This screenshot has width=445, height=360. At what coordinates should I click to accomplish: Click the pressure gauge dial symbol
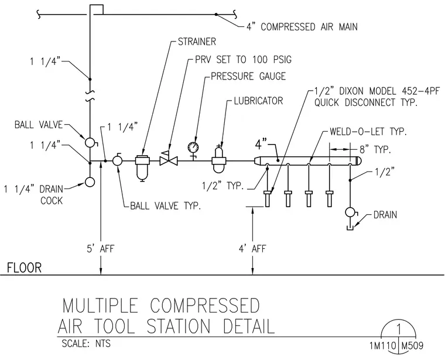coord(193,148)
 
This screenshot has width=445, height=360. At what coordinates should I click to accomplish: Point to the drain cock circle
coord(90,182)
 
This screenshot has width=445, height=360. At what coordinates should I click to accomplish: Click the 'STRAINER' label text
coord(197,42)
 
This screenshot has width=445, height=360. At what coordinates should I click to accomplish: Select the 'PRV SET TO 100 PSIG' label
coord(243,60)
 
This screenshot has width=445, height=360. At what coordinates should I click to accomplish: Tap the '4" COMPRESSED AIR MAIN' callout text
coord(302,27)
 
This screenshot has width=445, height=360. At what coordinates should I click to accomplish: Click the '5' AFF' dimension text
coord(101,249)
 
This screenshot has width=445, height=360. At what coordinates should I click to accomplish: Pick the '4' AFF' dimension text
coord(252,249)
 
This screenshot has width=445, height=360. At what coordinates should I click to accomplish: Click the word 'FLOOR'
coord(25,268)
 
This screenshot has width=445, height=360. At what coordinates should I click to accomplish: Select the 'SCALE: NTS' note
coord(86,344)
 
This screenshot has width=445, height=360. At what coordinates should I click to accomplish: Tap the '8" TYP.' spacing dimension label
coord(375,149)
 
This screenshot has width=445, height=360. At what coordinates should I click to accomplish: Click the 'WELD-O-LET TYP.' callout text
coord(368,132)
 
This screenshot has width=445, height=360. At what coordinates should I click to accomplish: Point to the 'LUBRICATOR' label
coord(259,101)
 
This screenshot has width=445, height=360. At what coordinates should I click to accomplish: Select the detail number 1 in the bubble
coord(399,330)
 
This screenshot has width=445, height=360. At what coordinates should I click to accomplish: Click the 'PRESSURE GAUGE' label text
coord(248,76)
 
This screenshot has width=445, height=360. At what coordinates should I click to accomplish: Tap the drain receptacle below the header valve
coord(350,228)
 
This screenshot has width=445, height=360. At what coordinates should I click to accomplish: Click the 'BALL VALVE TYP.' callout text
coord(166,205)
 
